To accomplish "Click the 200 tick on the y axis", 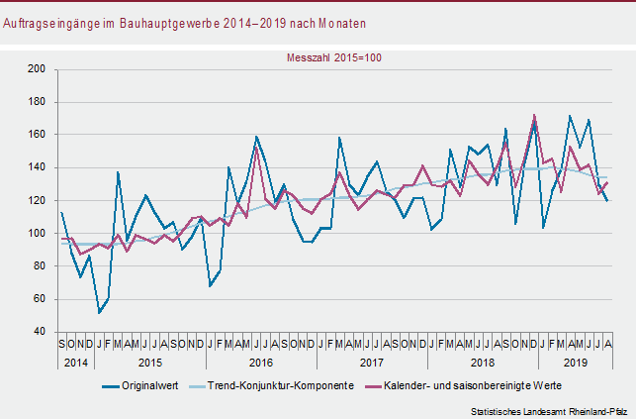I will pyautogui.click(x=39, y=69).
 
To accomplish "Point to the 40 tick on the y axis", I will pyautogui.click(x=42, y=333).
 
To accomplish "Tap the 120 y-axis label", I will pyautogui.click(x=39, y=201).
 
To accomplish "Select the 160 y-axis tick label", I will pyautogui.click(x=39, y=135).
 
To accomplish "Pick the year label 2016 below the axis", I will pyautogui.click(x=261, y=363).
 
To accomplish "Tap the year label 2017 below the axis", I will pyautogui.click(x=371, y=363).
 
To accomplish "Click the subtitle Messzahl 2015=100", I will pyautogui.click(x=334, y=57).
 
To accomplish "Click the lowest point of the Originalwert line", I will pyautogui.click(x=99, y=313).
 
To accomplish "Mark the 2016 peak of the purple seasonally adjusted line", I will pyautogui.click(x=257, y=149).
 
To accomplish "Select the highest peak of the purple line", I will pyautogui.click(x=535, y=115).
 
